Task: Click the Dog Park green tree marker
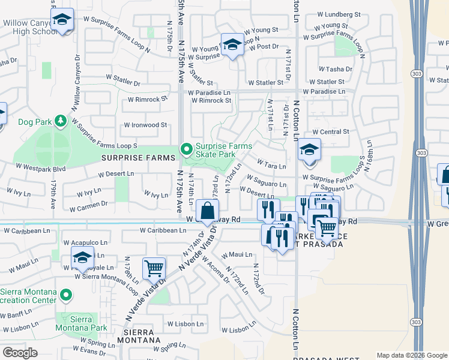point(60,122)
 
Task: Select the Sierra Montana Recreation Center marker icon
point(67,295)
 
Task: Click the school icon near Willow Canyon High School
point(62,20)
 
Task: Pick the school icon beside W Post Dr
point(232,44)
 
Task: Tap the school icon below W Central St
point(309,150)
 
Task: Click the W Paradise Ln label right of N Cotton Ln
point(324,92)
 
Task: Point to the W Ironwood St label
point(145,125)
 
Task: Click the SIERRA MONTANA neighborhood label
point(140,335)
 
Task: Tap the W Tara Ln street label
point(271,164)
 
